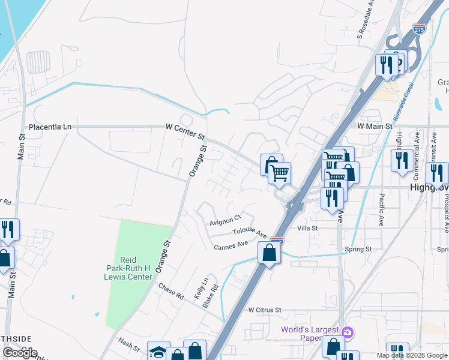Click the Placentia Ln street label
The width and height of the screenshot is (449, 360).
pyautogui.click(x=50, y=127)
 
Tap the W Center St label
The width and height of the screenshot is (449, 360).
pyautogui.click(x=185, y=127)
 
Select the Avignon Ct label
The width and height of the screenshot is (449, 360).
pyautogui.click(x=224, y=220)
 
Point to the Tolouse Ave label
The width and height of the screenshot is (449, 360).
pyautogui.click(x=250, y=232)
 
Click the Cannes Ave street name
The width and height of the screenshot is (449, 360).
pyautogui.click(x=231, y=245)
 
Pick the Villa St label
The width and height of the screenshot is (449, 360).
pyautogui.click(x=307, y=229)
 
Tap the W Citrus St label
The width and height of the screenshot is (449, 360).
pyautogui.click(x=265, y=310)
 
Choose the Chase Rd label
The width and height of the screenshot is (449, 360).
pyautogui.click(x=171, y=292)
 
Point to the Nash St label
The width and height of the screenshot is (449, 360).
pyautogui.click(x=128, y=344)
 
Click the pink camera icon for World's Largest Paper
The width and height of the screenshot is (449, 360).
pyautogui.click(x=347, y=332)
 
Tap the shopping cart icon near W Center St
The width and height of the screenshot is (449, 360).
pyautogui.click(x=279, y=173)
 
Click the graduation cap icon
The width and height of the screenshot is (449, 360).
pyautogui.click(x=158, y=352)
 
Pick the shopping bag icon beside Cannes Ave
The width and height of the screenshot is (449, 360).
pyautogui.click(x=270, y=253)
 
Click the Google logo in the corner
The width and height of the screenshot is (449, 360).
pyautogui.click(x=20, y=353)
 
